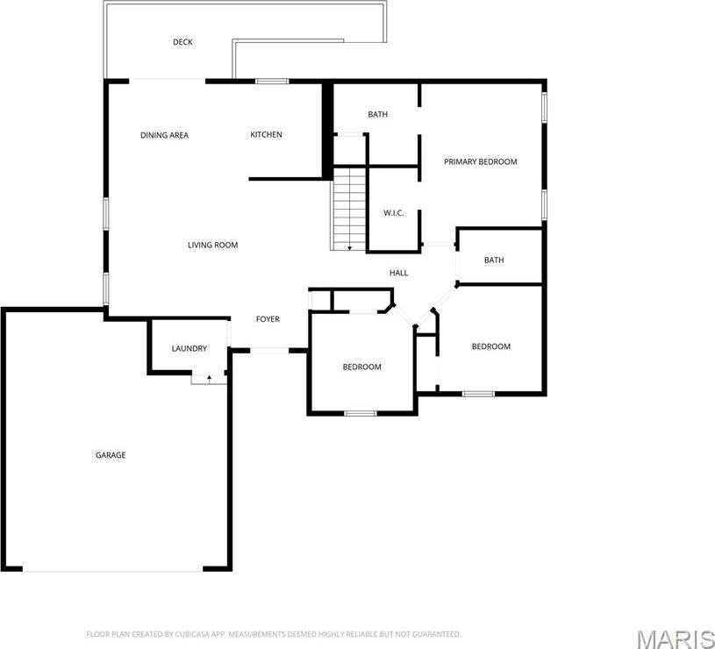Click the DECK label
tap(182, 42)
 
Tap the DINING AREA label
tap(164, 135)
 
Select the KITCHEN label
tap(266, 134)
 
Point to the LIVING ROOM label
tap(212, 245)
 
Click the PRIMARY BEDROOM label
tap(480, 161)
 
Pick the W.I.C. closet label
tap(393, 213)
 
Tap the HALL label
tap(398, 273)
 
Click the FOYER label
tap(268, 319)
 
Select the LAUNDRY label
tap(189, 348)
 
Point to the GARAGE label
tap(111, 455)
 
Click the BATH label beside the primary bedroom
tap(377, 114)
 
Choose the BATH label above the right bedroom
tap(494, 260)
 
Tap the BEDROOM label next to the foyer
tap(361, 367)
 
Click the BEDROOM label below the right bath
tap(490, 346)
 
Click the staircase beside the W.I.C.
tap(349, 209)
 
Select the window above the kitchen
tap(272, 82)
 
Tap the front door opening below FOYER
tap(268, 351)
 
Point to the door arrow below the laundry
tap(209, 378)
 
